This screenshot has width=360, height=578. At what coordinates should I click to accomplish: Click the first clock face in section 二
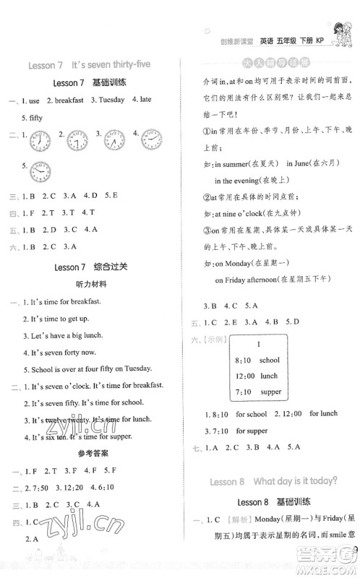41,139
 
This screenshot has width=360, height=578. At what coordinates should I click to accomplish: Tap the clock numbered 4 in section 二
152,138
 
